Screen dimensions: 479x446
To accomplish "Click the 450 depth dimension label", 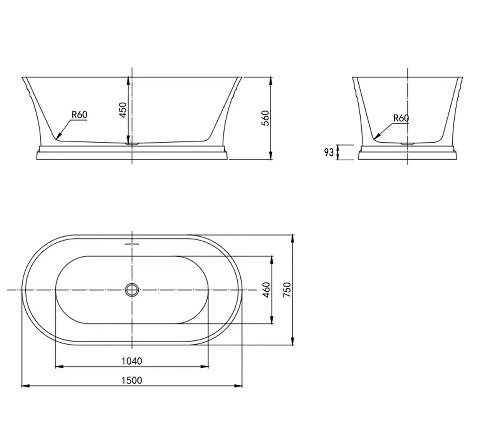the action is (x=123, y=110).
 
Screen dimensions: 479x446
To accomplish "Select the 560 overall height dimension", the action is (x=265, y=118).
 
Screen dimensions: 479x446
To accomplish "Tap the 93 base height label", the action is (x=329, y=152).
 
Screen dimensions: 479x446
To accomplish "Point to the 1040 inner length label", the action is (x=132, y=361).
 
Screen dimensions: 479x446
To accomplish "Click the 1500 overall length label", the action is (x=132, y=380).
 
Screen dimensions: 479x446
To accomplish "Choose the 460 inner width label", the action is (x=267, y=290).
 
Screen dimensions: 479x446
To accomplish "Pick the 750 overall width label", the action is (x=287, y=290).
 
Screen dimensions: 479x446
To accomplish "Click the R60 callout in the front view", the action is (x=79, y=115).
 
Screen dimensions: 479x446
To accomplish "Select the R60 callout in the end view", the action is (x=401, y=118).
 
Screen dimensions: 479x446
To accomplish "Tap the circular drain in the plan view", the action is (x=132, y=290).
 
